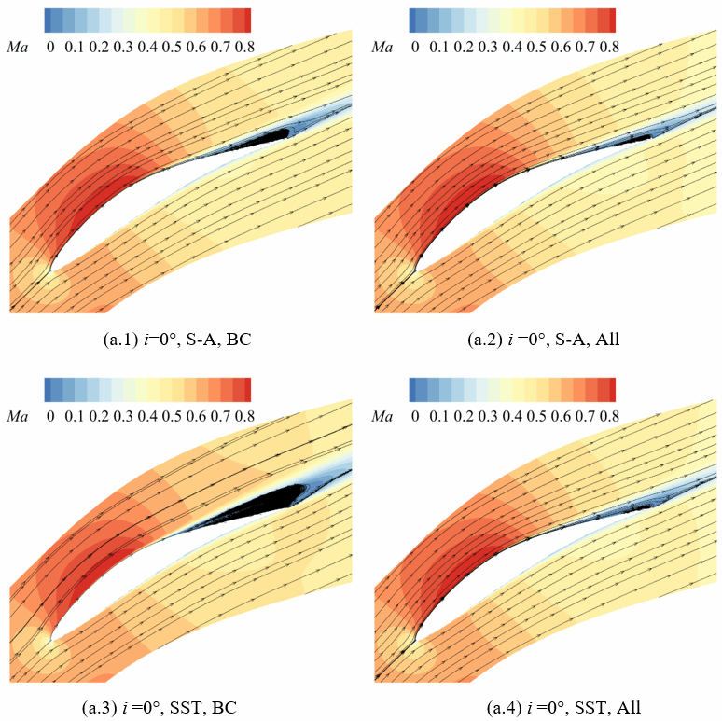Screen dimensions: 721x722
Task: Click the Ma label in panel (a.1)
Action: click(x=17, y=45)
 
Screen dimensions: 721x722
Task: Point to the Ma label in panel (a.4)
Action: click(x=382, y=412)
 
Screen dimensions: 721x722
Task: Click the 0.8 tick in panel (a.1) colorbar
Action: click(x=243, y=45)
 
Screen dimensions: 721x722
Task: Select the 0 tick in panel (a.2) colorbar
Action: click(x=415, y=45)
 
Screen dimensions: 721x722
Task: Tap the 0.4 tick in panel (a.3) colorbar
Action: click(x=146, y=412)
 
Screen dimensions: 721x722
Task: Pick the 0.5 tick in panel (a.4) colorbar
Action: click(x=535, y=412)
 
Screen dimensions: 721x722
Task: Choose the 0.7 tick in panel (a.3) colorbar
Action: click(x=219, y=412)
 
